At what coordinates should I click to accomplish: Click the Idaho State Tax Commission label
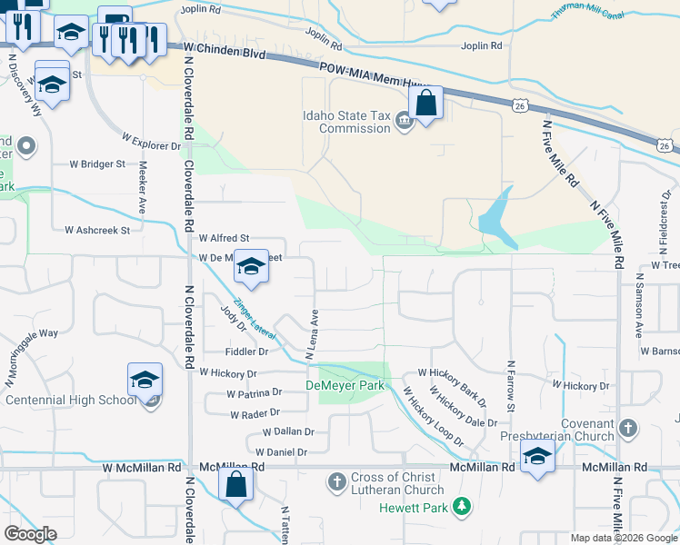pos(346,122)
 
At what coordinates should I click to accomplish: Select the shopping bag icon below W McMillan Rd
pos(235,485)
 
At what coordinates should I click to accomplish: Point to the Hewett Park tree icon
pos(463,506)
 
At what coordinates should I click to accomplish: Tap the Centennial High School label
pos(70,400)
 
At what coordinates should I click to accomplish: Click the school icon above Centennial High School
pos(144,380)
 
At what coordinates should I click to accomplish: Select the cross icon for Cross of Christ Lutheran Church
pos(335,480)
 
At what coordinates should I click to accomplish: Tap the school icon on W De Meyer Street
pos(251,266)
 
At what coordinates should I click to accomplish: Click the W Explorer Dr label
pos(152,141)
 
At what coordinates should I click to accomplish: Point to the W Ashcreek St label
pos(91,231)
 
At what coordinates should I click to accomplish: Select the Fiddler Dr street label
pos(246,352)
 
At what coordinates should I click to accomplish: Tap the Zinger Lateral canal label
pos(256,322)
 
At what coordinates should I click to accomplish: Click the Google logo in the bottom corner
pos(30,533)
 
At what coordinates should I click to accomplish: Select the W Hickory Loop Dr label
pos(434,417)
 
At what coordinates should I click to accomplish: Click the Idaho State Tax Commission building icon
pos(404,124)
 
